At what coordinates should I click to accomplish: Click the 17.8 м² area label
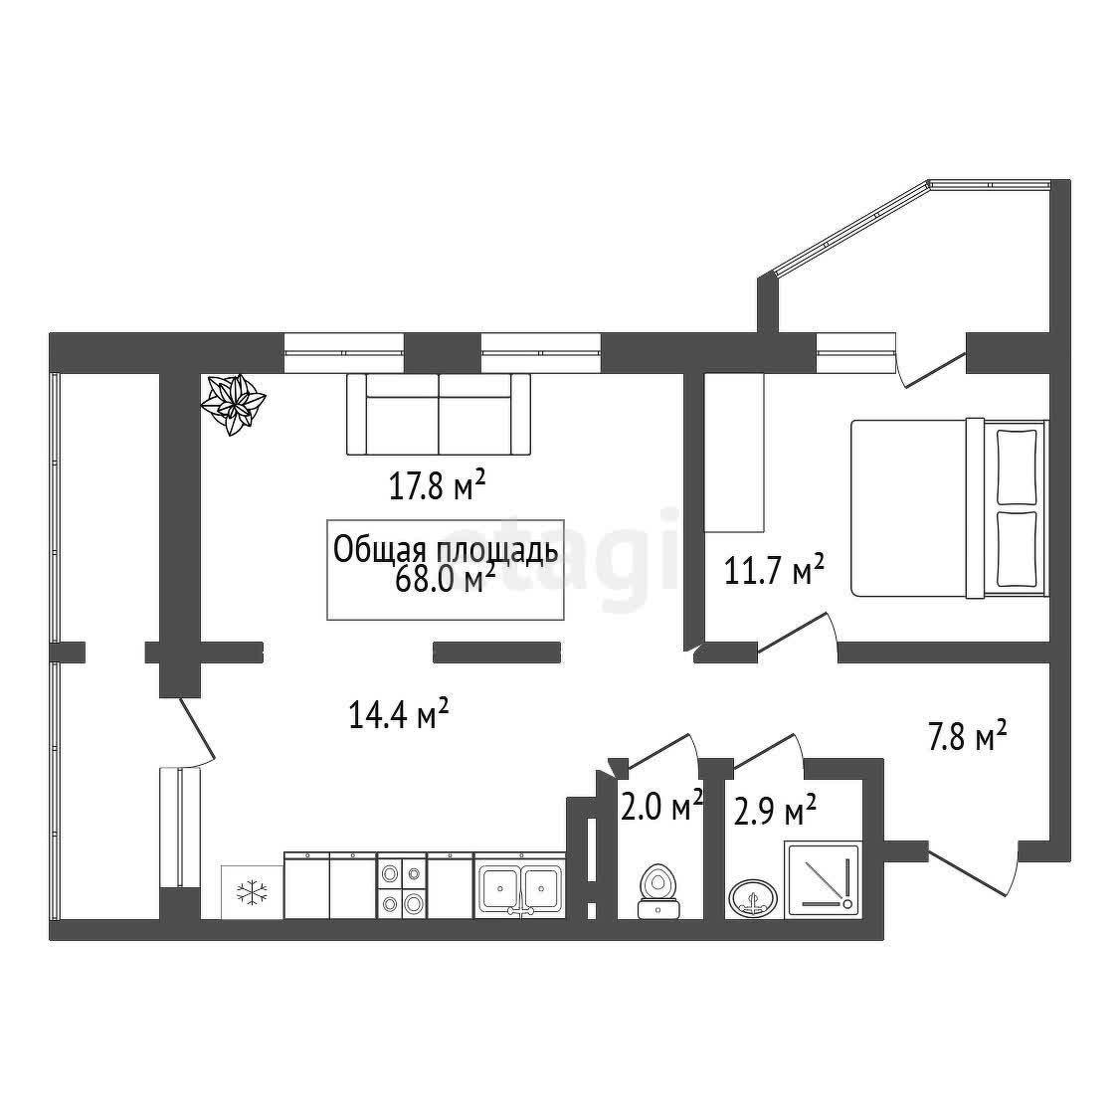(438, 486)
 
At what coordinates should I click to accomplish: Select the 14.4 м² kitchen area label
(399, 713)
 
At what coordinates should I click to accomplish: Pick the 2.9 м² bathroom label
(775, 812)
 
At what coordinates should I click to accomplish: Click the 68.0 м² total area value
(445, 579)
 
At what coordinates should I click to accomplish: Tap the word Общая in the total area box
(375, 551)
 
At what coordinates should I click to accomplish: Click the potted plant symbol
(233, 404)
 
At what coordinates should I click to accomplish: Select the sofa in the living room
(439, 414)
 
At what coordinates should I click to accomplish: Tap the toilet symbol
(657, 891)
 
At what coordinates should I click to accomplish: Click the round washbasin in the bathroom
(754, 896)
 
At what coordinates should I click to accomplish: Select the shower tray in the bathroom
(822, 879)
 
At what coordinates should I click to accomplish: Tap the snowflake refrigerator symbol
(252, 891)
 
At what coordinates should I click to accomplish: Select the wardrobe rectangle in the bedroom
(734, 453)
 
